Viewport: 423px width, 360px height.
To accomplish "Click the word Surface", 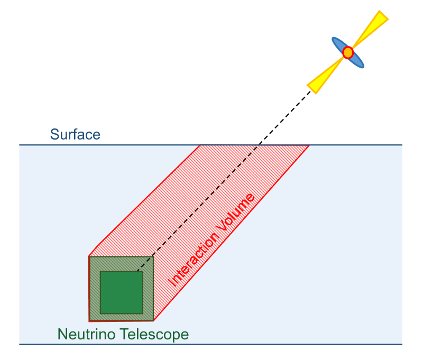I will click(x=75, y=134).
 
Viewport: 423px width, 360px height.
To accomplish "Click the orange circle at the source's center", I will click(x=347, y=52).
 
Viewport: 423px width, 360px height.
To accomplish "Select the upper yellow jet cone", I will click(x=372, y=26).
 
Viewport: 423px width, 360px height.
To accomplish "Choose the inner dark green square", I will click(x=121, y=292).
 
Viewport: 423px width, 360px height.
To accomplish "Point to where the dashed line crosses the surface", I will click(x=258, y=145).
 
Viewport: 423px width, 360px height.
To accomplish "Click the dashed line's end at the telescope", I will click(x=137, y=271).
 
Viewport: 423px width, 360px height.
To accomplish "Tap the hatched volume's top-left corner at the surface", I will click(x=200, y=145).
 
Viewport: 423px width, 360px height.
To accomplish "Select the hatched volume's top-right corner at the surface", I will click(x=309, y=145).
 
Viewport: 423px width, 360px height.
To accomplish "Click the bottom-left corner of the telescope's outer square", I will click(x=89, y=321).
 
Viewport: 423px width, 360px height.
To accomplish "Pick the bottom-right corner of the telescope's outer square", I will click(x=153, y=321).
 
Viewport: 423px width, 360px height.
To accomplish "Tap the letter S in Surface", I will click(x=54, y=134).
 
